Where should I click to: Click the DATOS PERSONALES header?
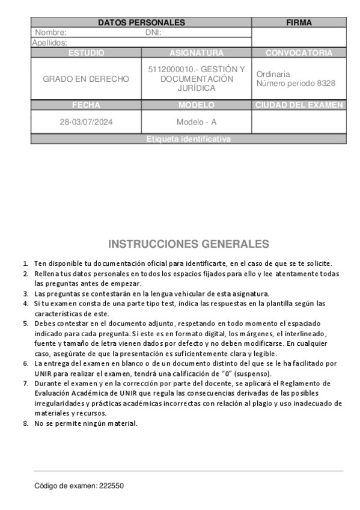[x=141, y=23]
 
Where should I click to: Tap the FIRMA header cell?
[x=299, y=23]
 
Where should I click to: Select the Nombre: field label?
[x=51, y=32]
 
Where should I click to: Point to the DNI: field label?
[x=154, y=32]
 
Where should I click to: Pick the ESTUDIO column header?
[x=86, y=53]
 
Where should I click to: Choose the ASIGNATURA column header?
[x=197, y=53]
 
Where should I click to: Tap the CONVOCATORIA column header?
[x=299, y=53]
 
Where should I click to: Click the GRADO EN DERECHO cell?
[x=86, y=79]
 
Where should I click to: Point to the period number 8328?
[x=326, y=84]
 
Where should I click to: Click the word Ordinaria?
[x=273, y=74]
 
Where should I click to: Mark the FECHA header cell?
[x=86, y=105]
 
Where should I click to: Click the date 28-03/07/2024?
[x=86, y=122]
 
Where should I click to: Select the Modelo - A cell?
[x=197, y=122]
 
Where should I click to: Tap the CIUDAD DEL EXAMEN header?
[x=299, y=105]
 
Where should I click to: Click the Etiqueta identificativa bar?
[x=189, y=139]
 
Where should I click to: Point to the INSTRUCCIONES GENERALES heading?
[x=189, y=244]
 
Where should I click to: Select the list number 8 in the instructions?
[x=26, y=423]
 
